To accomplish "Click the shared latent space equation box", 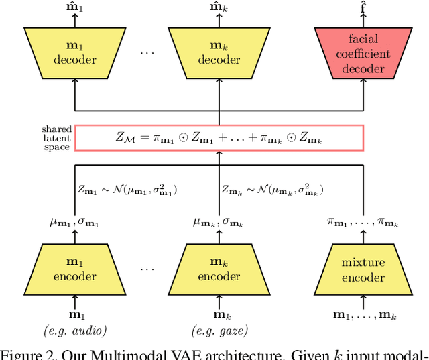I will [219, 138].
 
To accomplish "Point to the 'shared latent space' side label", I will [56, 138].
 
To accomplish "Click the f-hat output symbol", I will [364, 8].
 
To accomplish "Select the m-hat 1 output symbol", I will [74, 8].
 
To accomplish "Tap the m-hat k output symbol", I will [219, 8].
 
